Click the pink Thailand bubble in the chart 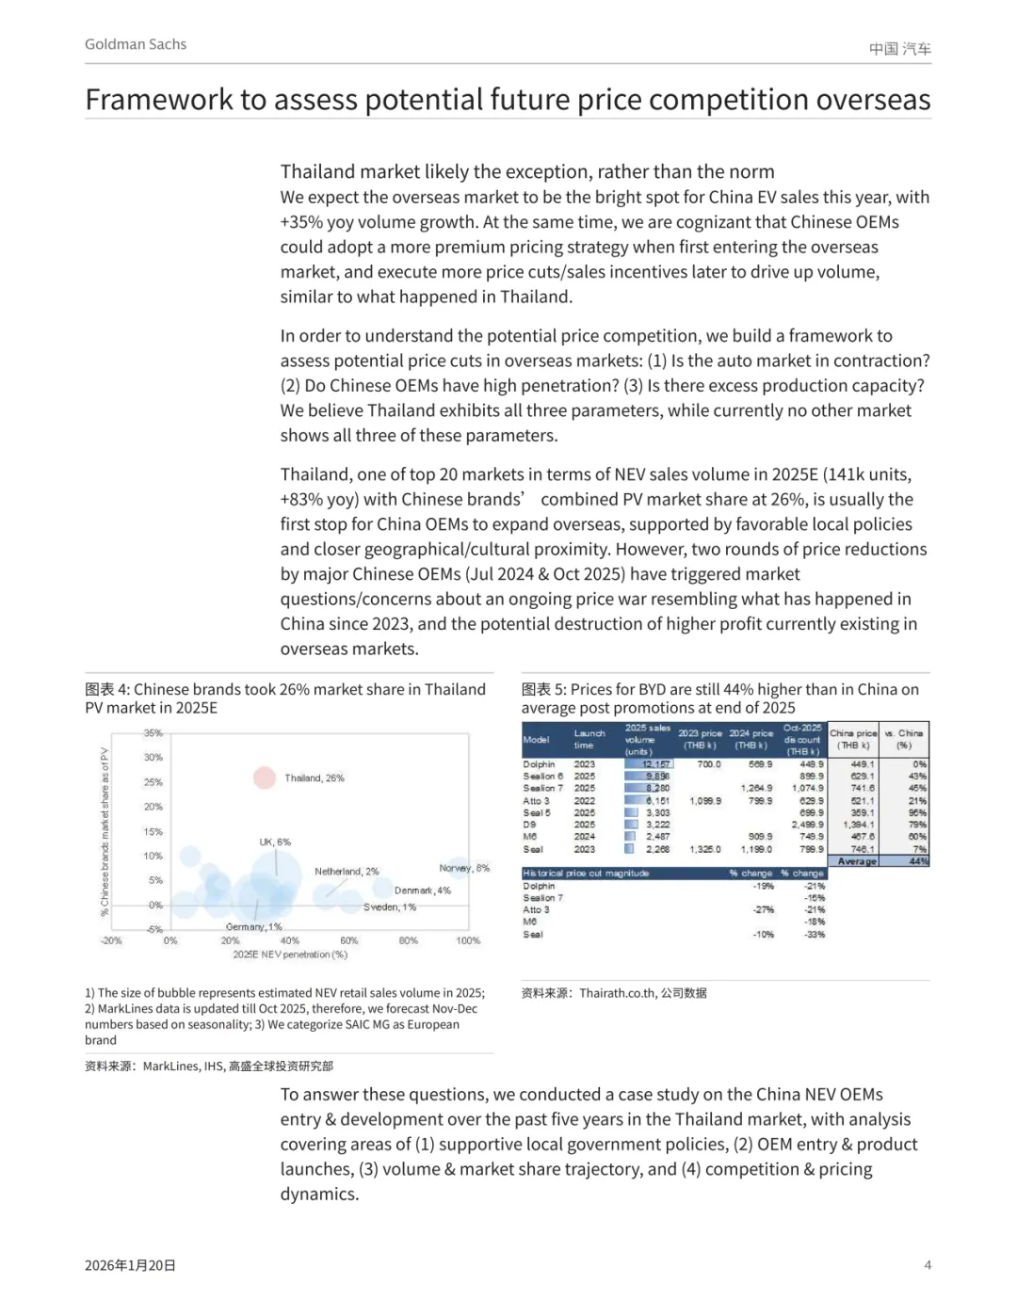265,778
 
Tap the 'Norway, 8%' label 464,868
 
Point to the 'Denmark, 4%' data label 422,890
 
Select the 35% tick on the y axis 153,733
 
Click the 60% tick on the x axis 348,940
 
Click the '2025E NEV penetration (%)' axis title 290,954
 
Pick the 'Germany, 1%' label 253,927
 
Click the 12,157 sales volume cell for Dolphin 656,764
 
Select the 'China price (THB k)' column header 853,739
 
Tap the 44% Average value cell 918,861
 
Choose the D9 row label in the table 529,825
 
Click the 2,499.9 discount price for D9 807,825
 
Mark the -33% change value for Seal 815,935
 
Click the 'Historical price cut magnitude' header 586,874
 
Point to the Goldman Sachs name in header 136,44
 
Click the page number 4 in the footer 928,1265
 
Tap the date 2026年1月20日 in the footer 130,1266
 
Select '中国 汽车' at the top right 899,49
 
